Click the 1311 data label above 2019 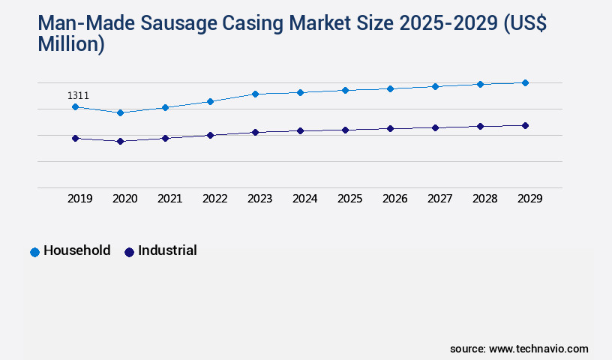[x=78, y=95]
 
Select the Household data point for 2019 [x=75, y=107]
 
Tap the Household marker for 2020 [x=120, y=112]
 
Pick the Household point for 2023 [x=255, y=94]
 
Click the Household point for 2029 [x=525, y=82]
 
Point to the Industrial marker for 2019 [x=75, y=138]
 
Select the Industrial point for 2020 [x=120, y=141]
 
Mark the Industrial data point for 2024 [x=300, y=130]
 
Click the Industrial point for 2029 [x=525, y=125]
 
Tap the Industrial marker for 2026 [x=390, y=128]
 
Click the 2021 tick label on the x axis [x=169, y=199]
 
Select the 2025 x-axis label [x=349, y=199]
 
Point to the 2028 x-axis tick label [x=484, y=199]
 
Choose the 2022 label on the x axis [x=214, y=199]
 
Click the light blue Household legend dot [x=34, y=252]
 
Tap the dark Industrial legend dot [x=129, y=252]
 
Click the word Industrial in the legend [x=167, y=250]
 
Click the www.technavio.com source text [x=538, y=349]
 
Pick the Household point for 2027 [x=435, y=86]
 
